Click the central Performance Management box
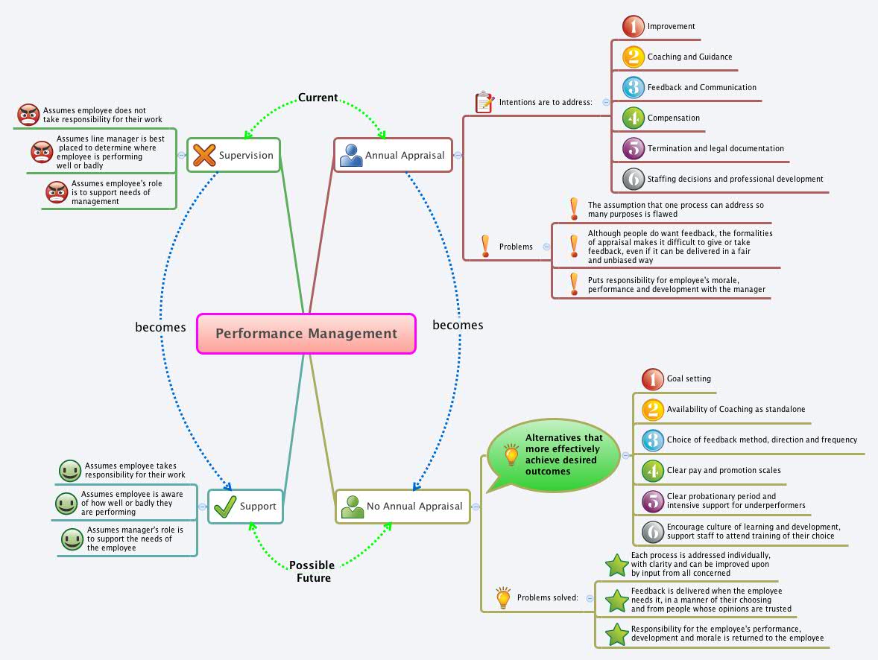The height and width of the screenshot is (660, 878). [x=306, y=334]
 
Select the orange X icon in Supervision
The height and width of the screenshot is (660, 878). [x=203, y=155]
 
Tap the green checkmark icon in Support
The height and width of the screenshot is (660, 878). [x=224, y=507]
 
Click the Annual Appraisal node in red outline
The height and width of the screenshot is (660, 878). [x=393, y=155]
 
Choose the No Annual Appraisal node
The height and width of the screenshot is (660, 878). [x=402, y=507]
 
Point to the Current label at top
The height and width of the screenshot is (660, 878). [x=318, y=98]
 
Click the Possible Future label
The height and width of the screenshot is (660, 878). [x=312, y=571]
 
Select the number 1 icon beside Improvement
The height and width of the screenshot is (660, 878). [x=633, y=26]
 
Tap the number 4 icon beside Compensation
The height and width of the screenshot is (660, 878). [x=633, y=118]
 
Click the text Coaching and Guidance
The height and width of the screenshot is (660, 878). [x=689, y=57]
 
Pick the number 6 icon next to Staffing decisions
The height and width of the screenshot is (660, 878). [x=633, y=179]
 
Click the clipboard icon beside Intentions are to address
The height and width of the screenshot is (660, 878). [x=484, y=102]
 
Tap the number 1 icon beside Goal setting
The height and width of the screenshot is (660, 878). [x=652, y=379]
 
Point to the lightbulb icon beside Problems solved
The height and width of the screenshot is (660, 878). [x=503, y=597]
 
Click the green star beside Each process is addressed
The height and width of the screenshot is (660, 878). [x=617, y=565]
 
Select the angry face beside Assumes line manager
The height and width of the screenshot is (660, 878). [x=42, y=152]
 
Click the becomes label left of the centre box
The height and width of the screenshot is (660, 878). [x=160, y=327]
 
